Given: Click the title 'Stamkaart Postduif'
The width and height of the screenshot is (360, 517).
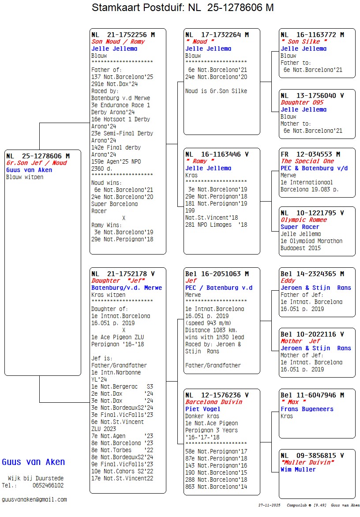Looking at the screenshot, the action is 136,7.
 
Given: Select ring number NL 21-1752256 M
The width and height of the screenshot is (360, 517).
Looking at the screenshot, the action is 123,34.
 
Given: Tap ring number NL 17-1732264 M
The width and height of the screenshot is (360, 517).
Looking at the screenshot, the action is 217,34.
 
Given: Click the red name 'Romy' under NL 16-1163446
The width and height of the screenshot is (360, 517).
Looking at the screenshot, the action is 200,161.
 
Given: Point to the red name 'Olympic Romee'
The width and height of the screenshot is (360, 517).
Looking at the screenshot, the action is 304,220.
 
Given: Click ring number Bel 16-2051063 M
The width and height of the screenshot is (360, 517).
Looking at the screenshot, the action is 217,273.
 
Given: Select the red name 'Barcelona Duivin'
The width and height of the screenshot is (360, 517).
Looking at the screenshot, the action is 214,402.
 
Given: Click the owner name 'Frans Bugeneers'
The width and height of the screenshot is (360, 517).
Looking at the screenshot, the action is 307,409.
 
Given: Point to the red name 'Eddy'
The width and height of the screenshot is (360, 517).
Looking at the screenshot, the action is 288,281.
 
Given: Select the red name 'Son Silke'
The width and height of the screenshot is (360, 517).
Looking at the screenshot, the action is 304,41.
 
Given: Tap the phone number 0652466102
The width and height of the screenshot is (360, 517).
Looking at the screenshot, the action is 48,485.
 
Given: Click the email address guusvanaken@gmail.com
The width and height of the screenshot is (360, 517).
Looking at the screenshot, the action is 34,499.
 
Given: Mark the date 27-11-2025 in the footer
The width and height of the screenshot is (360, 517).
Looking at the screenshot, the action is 270,505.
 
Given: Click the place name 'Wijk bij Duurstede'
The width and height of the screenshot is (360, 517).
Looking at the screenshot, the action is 36,478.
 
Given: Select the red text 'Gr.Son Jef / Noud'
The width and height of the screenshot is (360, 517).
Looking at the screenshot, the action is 37,163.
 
